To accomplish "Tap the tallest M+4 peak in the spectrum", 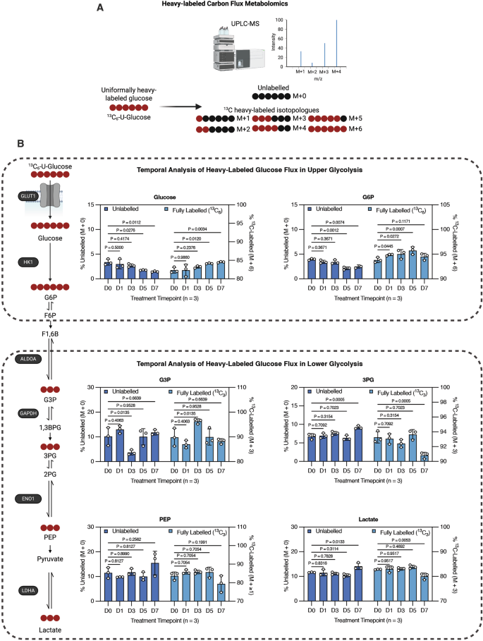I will (336, 43).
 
